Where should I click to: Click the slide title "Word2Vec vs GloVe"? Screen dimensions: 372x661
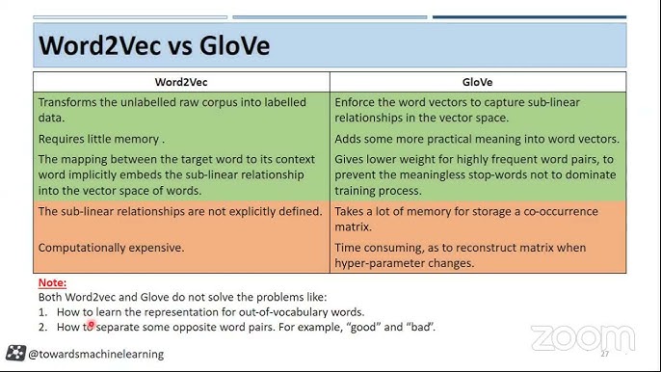pyautogui.click(x=154, y=45)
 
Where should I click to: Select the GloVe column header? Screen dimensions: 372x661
pyautogui.click(x=478, y=82)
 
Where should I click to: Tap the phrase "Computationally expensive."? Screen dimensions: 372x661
pyautogui.click(x=111, y=248)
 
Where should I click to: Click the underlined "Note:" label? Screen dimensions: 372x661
pyautogui.click(x=52, y=282)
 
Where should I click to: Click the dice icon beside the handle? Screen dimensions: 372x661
pyautogui.click(x=15, y=353)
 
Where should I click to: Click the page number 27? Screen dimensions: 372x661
pyautogui.click(x=605, y=355)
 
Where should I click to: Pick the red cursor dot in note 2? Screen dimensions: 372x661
pyautogui.click(x=92, y=326)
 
